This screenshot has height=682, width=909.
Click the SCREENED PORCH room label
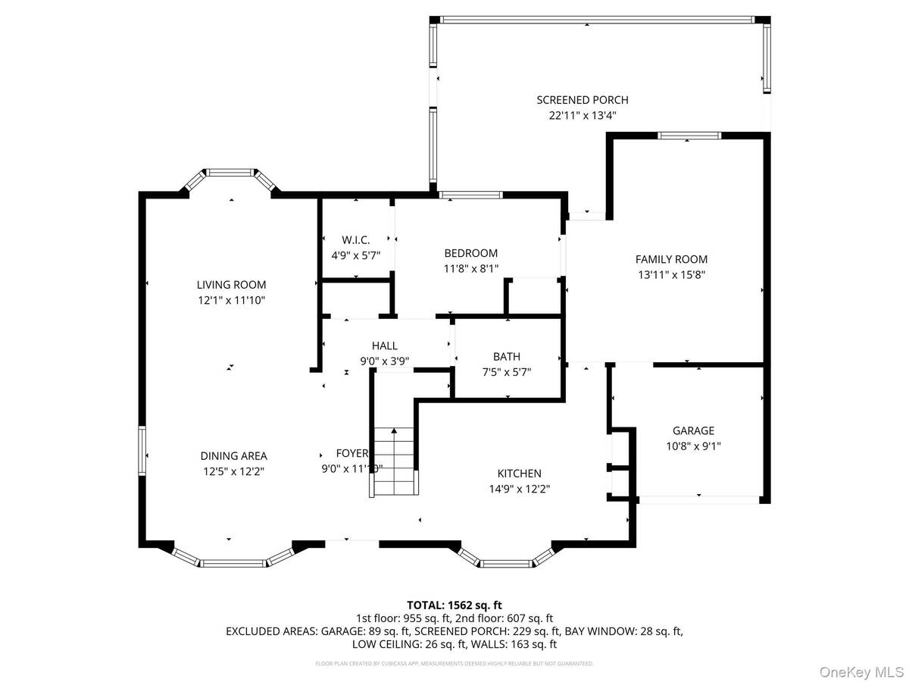582,100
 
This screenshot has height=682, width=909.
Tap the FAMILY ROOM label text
671,259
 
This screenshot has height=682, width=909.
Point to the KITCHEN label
519,473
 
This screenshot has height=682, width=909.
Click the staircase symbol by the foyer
395,462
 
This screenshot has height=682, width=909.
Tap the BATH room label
507,356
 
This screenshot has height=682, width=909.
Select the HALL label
385,346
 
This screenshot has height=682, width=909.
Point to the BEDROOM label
470,253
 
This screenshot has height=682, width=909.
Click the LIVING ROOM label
231,285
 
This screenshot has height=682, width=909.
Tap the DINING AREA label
233,455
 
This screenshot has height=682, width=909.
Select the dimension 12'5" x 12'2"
233,471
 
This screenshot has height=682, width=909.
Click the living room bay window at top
230,174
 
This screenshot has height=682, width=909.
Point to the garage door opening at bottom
698,499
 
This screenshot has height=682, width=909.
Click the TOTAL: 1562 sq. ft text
454,605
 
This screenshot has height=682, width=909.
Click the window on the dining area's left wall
142,451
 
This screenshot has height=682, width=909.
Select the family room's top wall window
689,136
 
